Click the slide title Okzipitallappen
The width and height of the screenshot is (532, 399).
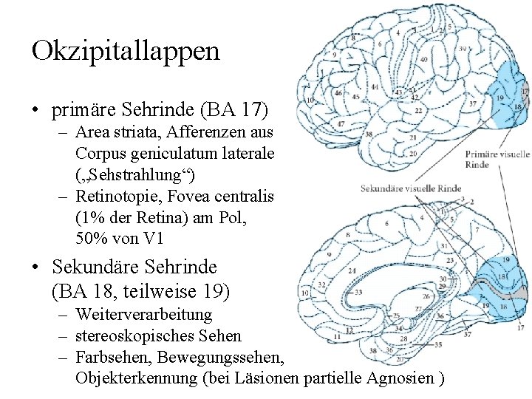(126, 50)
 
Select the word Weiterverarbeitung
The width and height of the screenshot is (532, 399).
(143, 315)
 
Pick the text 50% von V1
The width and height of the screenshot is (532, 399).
(118, 238)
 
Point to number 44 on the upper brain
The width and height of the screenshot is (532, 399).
(375, 87)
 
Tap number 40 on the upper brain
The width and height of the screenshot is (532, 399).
(423, 59)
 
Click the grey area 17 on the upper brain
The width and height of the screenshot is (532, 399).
(525, 92)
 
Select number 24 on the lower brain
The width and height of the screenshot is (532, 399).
(352, 271)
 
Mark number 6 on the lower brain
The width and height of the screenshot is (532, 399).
(388, 223)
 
